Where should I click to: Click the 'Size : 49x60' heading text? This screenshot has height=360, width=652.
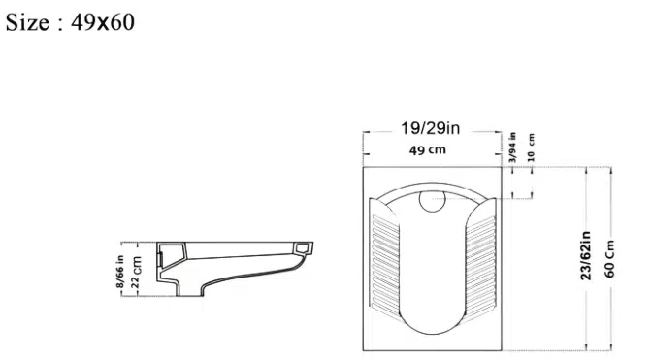click(x=70, y=22)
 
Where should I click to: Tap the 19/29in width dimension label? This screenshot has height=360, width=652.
click(x=431, y=128)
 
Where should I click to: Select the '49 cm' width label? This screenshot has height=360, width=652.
click(x=428, y=150)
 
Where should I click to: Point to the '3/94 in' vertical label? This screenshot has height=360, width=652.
click(x=512, y=147)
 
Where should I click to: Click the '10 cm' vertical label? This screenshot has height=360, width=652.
click(x=531, y=147)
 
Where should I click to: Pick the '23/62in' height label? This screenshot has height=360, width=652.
click(x=585, y=255)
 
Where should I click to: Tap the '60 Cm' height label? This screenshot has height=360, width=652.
click(x=609, y=258)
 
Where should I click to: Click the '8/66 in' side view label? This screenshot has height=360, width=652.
click(x=119, y=272)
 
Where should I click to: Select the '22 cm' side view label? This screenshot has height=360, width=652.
click(x=136, y=273)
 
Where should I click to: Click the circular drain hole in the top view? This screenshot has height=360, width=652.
click(x=432, y=201)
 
